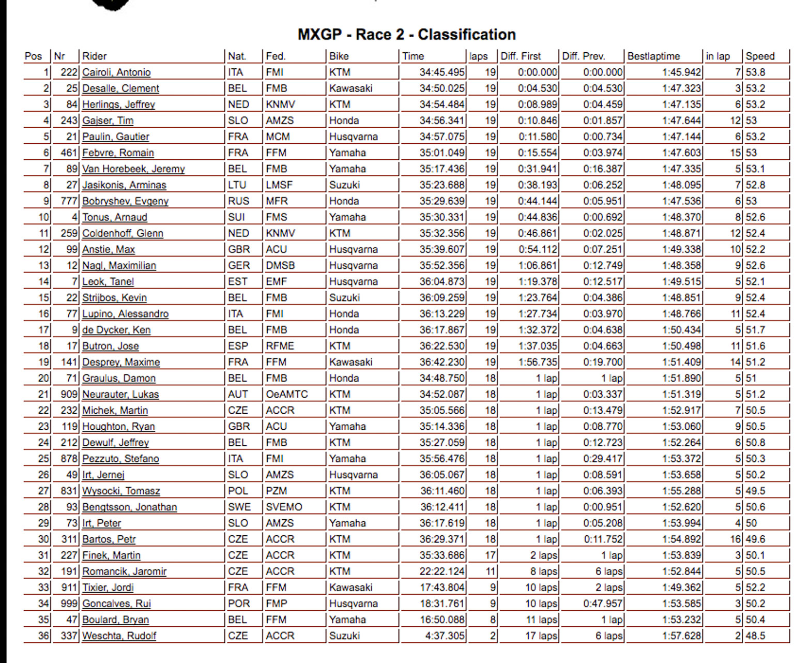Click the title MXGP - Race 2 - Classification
click(406, 35)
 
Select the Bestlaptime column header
click(653, 56)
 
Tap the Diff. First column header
click(521, 56)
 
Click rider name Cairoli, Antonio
click(116, 72)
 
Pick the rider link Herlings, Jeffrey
click(118, 104)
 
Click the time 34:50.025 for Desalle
click(442, 88)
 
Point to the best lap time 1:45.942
click(682, 72)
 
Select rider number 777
click(69, 201)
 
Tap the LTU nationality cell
click(237, 185)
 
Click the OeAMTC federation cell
click(286, 394)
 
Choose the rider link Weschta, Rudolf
click(119, 636)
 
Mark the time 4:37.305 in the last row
click(445, 636)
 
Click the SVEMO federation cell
click(284, 507)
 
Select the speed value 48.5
click(755, 636)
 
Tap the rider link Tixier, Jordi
click(108, 587)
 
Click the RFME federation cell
click(280, 346)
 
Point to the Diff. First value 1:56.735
click(538, 362)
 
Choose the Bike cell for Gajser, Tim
click(344, 120)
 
